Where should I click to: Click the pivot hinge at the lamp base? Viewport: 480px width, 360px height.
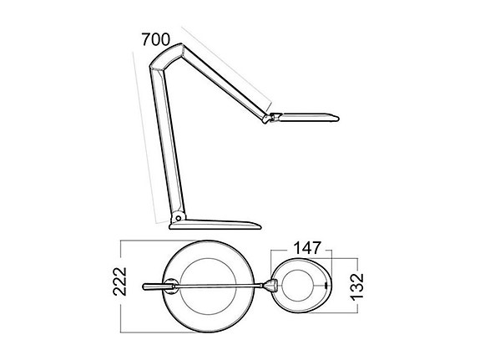[x=175, y=218]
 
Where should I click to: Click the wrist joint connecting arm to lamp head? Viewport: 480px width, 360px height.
[x=269, y=118]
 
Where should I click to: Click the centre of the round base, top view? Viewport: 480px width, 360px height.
[x=201, y=286]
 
